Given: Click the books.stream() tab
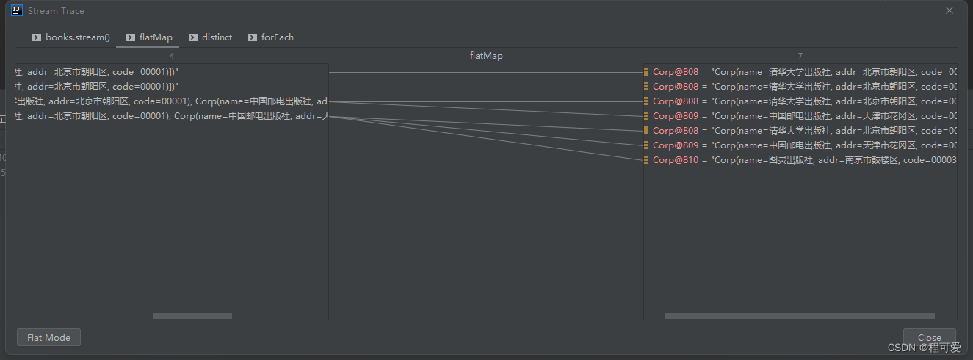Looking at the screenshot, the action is (71, 37).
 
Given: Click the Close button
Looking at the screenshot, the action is (929, 337).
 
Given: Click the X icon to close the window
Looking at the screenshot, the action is (950, 10).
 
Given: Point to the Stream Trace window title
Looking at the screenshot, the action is (56, 11).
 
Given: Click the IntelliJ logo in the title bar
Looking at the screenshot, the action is (17, 10).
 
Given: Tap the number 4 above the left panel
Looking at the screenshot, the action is (172, 56).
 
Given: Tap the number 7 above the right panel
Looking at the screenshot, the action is (800, 56).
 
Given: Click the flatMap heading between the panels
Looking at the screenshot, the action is (486, 56).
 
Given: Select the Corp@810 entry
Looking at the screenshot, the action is (676, 160).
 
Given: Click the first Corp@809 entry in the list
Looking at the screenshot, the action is (676, 116).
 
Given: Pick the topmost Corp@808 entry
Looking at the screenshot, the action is (676, 72).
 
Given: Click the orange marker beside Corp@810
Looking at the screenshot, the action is (646, 160).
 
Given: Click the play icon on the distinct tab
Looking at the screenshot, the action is (193, 37).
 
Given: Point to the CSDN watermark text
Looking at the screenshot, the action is (924, 348).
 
